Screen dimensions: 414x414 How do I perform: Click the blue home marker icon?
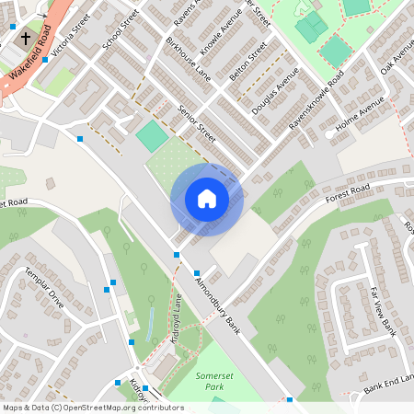[x=206, y=198]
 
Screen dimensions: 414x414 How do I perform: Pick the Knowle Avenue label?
[x=220, y=32]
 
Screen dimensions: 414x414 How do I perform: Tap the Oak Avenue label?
[x=397, y=58]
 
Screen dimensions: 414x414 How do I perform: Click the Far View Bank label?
[x=382, y=311]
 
